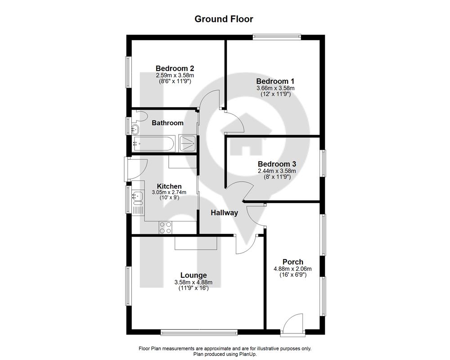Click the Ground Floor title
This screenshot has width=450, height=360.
click(224, 19)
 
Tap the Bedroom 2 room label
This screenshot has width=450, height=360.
click(175, 68)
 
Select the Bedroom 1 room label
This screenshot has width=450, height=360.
click(275, 81)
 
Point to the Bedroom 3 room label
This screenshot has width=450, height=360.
click(277, 164)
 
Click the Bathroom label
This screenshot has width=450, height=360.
click(167, 123)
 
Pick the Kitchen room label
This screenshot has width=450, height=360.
click(169, 186)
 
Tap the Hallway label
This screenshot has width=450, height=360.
click(225, 213)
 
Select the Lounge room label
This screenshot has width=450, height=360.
click(193, 275)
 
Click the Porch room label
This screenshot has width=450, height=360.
click(293, 262)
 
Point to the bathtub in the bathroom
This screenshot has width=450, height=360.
click(153, 144)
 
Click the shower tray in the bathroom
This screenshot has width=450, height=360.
click(188, 143)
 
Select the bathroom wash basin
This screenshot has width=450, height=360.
click(135, 130)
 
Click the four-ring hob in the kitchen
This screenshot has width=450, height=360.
click(166, 227)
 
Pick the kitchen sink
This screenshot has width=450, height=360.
click(138, 198)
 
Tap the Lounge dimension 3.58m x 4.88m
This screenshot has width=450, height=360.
click(193, 283)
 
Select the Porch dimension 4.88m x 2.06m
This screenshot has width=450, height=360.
click(293, 269)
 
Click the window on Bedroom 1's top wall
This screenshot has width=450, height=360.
click(277, 36)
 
